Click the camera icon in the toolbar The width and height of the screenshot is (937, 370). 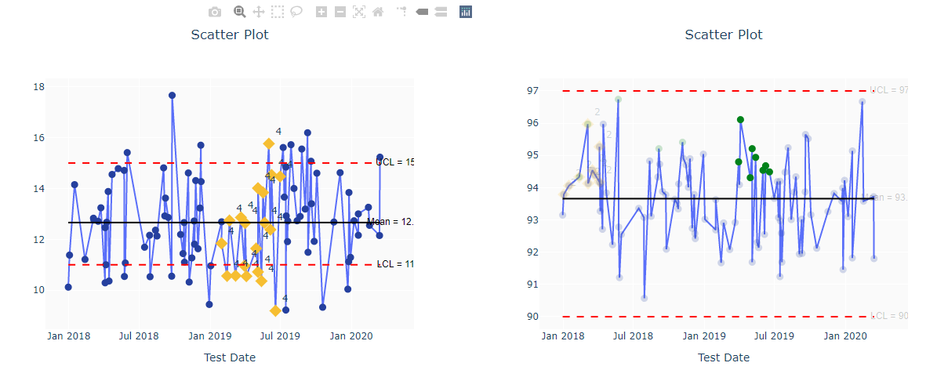(215, 12)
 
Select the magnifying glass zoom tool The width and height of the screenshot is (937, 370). (240, 12)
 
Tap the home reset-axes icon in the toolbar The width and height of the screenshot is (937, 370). (378, 12)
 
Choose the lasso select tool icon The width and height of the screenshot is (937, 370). (296, 12)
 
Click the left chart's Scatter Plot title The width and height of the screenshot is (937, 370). (230, 34)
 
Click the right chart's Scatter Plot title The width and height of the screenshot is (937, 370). (723, 34)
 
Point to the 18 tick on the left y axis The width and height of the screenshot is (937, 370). (38, 86)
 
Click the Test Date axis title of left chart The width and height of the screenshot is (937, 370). (230, 357)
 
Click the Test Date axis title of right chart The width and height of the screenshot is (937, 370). (723, 357)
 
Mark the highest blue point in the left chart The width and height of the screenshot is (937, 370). (172, 96)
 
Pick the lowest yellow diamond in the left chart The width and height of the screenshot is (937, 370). (275, 311)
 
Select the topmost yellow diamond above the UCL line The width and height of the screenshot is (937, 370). (269, 143)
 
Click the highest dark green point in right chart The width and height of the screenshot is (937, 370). (740, 120)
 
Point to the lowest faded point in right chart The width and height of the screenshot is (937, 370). (644, 298)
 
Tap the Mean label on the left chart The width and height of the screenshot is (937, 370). (390, 222)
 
